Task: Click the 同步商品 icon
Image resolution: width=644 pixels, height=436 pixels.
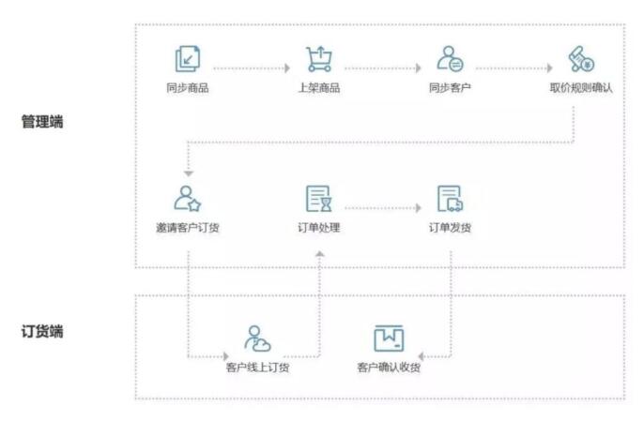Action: pos(188,60)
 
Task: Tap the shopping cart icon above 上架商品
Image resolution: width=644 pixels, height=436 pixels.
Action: pos(318,60)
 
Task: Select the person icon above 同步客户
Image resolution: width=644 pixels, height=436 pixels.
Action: pos(449,60)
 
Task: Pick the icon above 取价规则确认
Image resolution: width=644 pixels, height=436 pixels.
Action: pos(581,60)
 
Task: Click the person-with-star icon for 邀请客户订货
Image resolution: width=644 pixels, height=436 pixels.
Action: pos(188,199)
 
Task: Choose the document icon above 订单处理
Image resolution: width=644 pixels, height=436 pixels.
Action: pos(318,199)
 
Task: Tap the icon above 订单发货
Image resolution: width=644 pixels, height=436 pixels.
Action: pos(450,199)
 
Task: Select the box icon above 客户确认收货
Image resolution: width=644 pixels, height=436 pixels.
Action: pos(389,338)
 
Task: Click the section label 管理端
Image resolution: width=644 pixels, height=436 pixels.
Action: pos(42,122)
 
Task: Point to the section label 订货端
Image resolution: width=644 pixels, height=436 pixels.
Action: pos(42,331)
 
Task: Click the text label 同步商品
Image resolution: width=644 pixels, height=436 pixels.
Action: pos(188,88)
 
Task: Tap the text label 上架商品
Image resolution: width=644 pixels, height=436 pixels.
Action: pos(318,88)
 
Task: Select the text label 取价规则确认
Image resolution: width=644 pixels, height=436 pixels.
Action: pos(581,88)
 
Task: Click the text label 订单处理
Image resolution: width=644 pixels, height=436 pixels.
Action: pos(318,227)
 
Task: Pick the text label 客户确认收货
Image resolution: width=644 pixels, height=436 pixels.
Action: pos(389,367)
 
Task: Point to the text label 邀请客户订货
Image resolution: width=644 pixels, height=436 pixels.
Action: pos(188,227)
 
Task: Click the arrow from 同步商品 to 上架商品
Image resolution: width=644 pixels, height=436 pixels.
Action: pos(252,68)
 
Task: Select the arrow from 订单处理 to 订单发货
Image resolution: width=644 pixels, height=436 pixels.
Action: pos(383,207)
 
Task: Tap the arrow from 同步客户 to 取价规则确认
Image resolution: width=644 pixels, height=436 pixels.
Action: pos(514,68)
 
